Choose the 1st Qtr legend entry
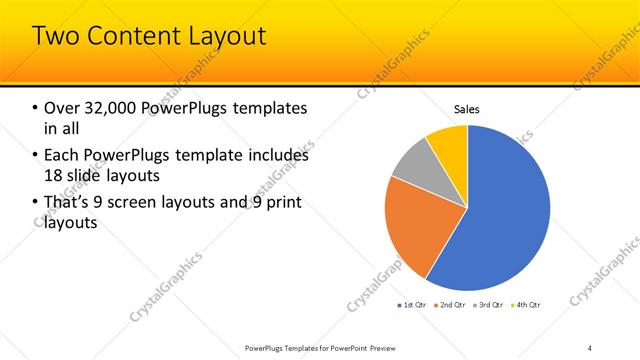(413, 304)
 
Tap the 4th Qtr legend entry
(527, 304)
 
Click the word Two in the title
(56, 37)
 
